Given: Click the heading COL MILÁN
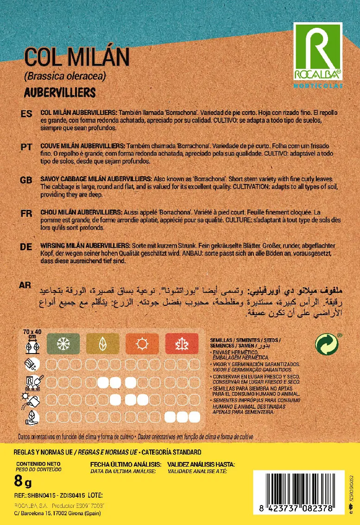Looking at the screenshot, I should click(76, 58).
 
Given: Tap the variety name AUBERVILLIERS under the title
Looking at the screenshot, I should click(59, 93).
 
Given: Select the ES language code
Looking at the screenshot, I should click(27, 114).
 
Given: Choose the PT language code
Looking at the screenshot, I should click(26, 147).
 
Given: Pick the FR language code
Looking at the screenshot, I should click(26, 214).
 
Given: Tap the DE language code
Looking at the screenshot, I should click(26, 247).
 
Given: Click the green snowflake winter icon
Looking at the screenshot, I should click(63, 343).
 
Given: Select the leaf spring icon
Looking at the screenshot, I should click(102, 343).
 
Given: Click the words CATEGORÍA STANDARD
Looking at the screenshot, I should click(171, 452).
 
